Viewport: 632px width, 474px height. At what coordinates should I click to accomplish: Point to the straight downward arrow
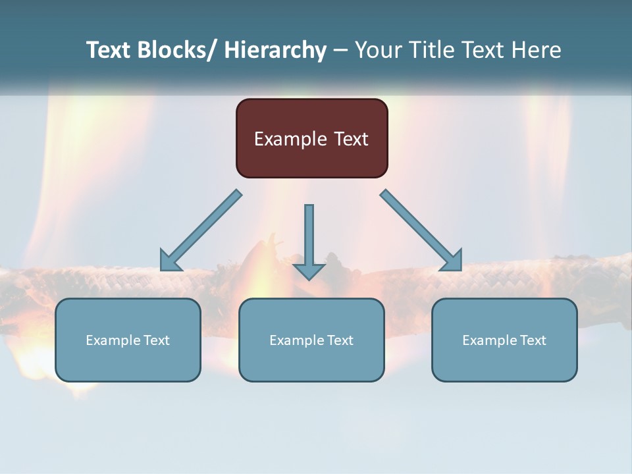click(309, 237)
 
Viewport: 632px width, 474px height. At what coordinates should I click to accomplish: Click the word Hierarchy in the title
click(275, 50)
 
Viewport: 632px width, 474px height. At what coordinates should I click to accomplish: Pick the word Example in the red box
click(290, 140)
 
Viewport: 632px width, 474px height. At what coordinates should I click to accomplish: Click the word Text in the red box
click(350, 139)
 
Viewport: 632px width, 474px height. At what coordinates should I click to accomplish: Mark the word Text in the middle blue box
click(339, 340)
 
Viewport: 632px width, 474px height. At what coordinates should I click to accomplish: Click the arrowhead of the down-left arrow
click(170, 261)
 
